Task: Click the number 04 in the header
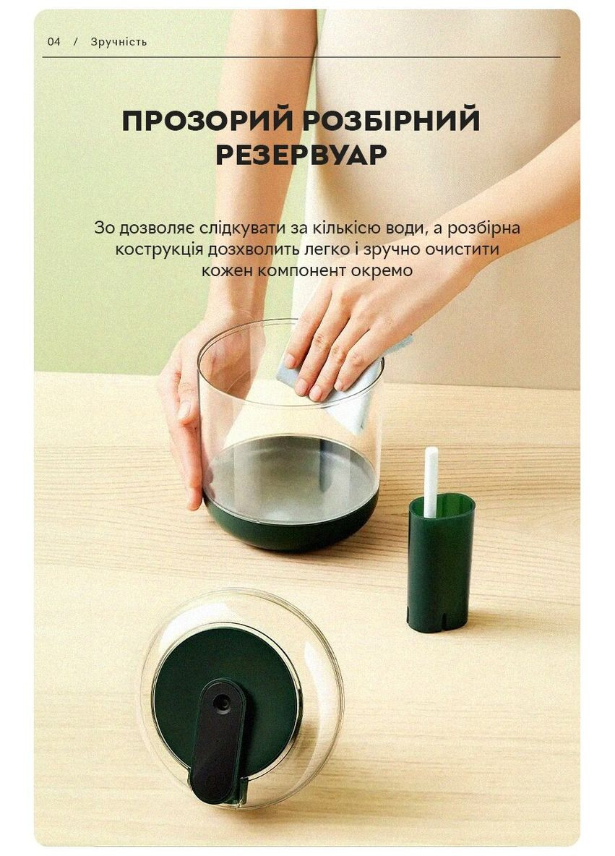pyautogui.click(x=54, y=41)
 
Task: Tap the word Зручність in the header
pyautogui.click(x=119, y=41)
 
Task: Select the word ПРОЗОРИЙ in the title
pyautogui.click(x=208, y=120)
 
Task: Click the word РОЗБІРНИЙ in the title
pyautogui.click(x=391, y=120)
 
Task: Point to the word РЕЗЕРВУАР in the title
pyautogui.click(x=301, y=154)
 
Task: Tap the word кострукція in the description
pyautogui.click(x=159, y=249)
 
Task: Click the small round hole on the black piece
pyautogui.click(x=223, y=701)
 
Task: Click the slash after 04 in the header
pyautogui.click(x=75, y=41)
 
